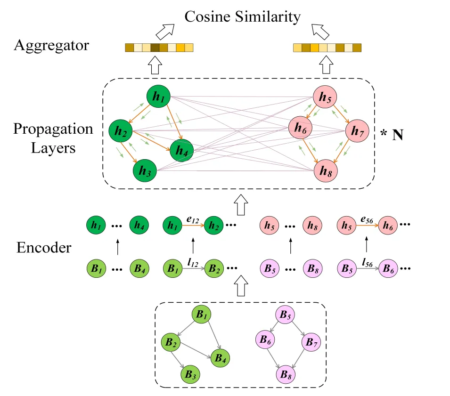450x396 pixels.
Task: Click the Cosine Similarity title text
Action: tap(242, 17)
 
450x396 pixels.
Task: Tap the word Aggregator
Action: tap(52, 46)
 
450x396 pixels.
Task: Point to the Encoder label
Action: tap(44, 247)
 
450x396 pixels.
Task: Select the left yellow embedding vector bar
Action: tap(159, 48)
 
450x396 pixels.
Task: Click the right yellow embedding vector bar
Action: tap(327, 48)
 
